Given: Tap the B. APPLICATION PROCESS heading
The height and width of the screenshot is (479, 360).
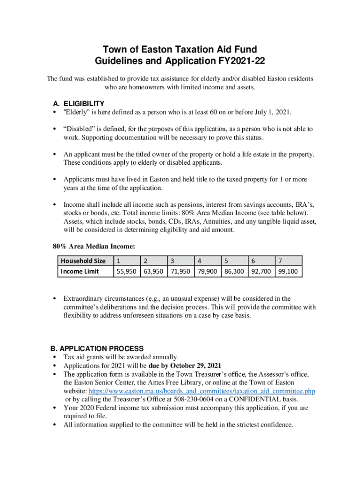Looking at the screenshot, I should point(97,348).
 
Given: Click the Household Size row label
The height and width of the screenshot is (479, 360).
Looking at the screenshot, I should point(83,261).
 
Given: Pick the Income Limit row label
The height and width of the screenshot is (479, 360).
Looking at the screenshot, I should point(80,271).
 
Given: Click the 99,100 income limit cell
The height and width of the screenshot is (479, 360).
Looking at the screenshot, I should point(288,271).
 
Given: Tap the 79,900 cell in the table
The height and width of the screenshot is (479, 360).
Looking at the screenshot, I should point(207,271).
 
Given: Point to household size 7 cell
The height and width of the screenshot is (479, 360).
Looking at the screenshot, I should point(280,261).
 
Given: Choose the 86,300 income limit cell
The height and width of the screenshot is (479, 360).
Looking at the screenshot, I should point(234,271).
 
